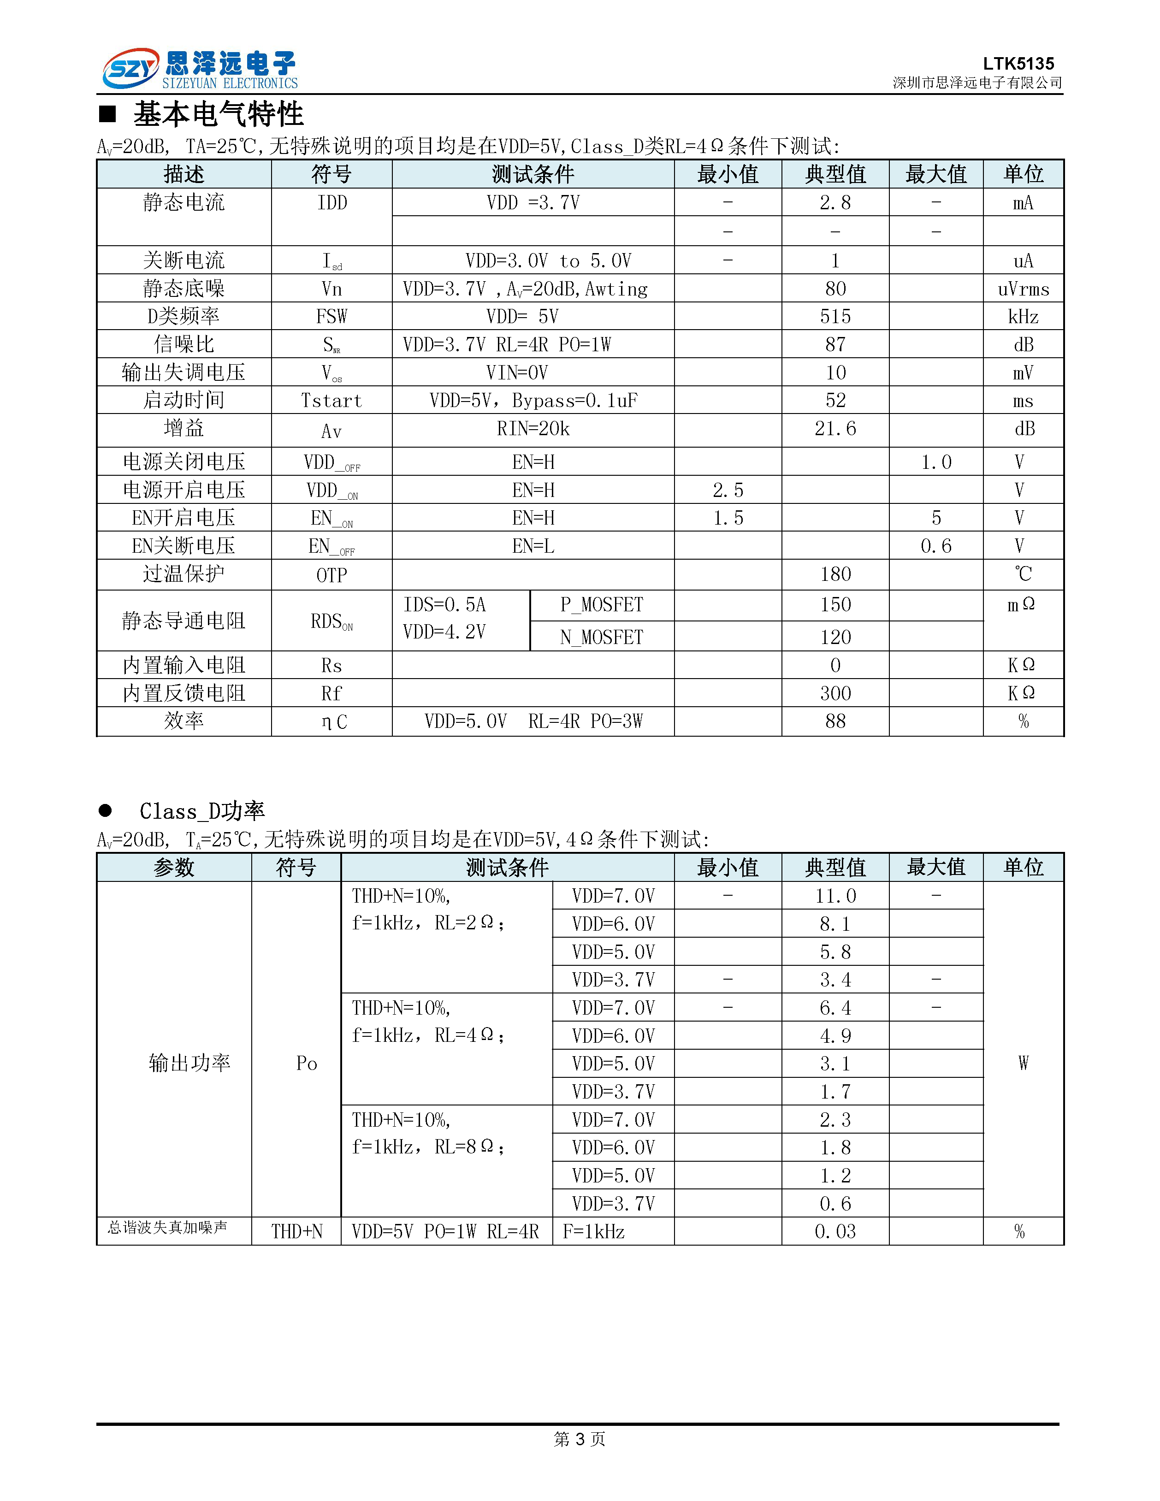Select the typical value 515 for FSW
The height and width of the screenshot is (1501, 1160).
(x=835, y=317)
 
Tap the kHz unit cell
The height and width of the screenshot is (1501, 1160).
(x=1023, y=317)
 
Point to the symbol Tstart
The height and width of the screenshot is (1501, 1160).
(x=331, y=401)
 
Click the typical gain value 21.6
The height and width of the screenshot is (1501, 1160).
(x=835, y=429)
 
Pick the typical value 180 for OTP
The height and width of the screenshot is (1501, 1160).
(x=835, y=574)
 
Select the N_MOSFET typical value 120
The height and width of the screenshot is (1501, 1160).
(x=835, y=637)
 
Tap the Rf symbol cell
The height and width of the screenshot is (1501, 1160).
(x=331, y=693)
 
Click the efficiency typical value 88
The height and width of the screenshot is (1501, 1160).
(x=835, y=721)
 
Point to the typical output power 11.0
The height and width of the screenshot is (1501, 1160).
(x=835, y=896)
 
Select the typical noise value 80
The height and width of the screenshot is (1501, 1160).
(x=835, y=289)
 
